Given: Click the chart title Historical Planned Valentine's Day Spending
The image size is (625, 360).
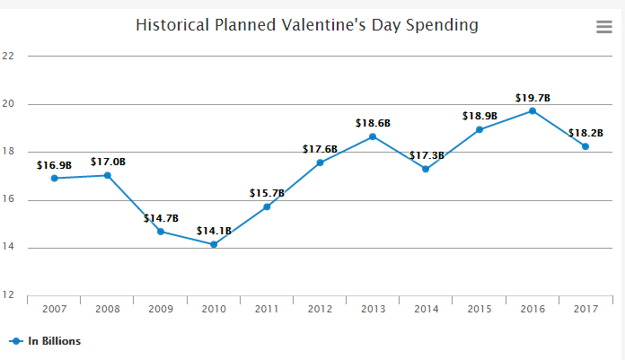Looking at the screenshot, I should (x=306, y=24).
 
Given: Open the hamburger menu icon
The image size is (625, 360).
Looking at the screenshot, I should (x=604, y=27).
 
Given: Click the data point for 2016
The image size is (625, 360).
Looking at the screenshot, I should (x=533, y=110).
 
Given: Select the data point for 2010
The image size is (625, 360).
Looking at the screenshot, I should (x=214, y=244).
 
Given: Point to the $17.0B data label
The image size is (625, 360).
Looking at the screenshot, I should (x=108, y=162).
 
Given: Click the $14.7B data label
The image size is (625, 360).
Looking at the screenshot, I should (x=161, y=218).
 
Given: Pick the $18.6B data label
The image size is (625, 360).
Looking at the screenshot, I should (x=373, y=122).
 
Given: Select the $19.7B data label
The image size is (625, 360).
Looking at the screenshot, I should (x=533, y=97).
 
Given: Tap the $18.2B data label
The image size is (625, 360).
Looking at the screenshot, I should (x=585, y=133).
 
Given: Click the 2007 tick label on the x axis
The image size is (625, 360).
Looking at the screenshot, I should (x=54, y=308).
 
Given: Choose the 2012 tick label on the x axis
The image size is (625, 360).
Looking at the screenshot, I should (x=320, y=308).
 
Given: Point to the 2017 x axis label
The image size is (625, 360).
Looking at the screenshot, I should (x=585, y=308).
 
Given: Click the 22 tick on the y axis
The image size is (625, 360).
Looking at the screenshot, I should (x=9, y=56).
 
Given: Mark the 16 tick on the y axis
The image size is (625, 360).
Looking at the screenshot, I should (x=9, y=200).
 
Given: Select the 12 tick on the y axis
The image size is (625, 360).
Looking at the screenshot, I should (x=9, y=295).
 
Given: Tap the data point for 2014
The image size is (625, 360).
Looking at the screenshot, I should (x=426, y=169).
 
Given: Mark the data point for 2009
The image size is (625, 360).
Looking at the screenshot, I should (x=161, y=232).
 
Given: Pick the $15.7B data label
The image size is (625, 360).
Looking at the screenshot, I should (x=267, y=193).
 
